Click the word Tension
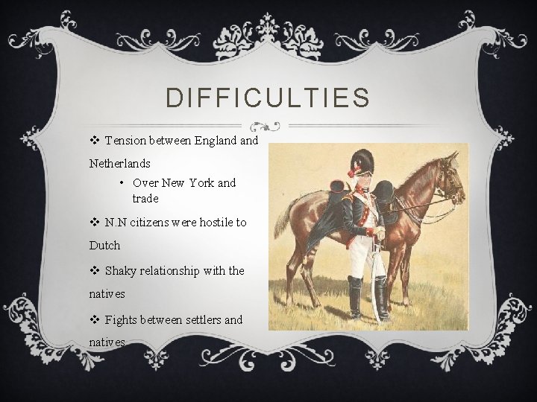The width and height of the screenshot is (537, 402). pos(126,140)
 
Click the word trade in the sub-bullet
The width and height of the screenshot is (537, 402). pos(145,199)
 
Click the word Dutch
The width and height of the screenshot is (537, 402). pos(104,244)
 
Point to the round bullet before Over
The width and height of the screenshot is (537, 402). pos(121,182)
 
